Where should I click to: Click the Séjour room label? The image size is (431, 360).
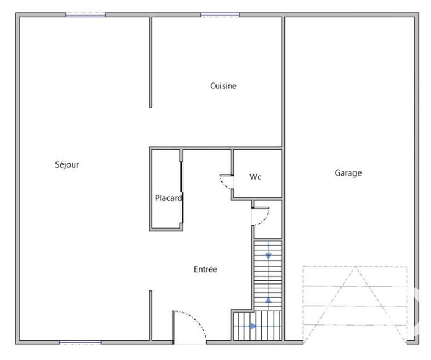point(67,164)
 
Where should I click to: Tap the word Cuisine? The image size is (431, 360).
point(223,86)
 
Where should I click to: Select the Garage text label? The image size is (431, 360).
point(348,173)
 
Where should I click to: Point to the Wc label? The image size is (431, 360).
point(255,177)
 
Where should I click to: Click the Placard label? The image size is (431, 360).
point(168,198)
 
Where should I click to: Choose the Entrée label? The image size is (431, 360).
point(205,269)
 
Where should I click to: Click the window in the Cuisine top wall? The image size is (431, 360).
point(220,15)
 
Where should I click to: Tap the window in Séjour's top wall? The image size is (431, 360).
point(85,15)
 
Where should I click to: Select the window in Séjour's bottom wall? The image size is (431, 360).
point(80,342)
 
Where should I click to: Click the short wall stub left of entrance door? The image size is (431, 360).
point(150,315)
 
